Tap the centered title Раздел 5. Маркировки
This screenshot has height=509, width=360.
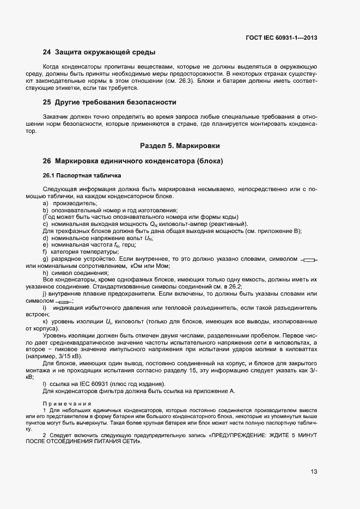(180, 146)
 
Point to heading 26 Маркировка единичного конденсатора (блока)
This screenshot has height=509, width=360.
(133, 161)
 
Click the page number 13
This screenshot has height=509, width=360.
(314, 472)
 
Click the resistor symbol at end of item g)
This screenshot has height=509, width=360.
(309, 260)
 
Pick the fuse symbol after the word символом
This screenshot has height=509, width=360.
(64, 302)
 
